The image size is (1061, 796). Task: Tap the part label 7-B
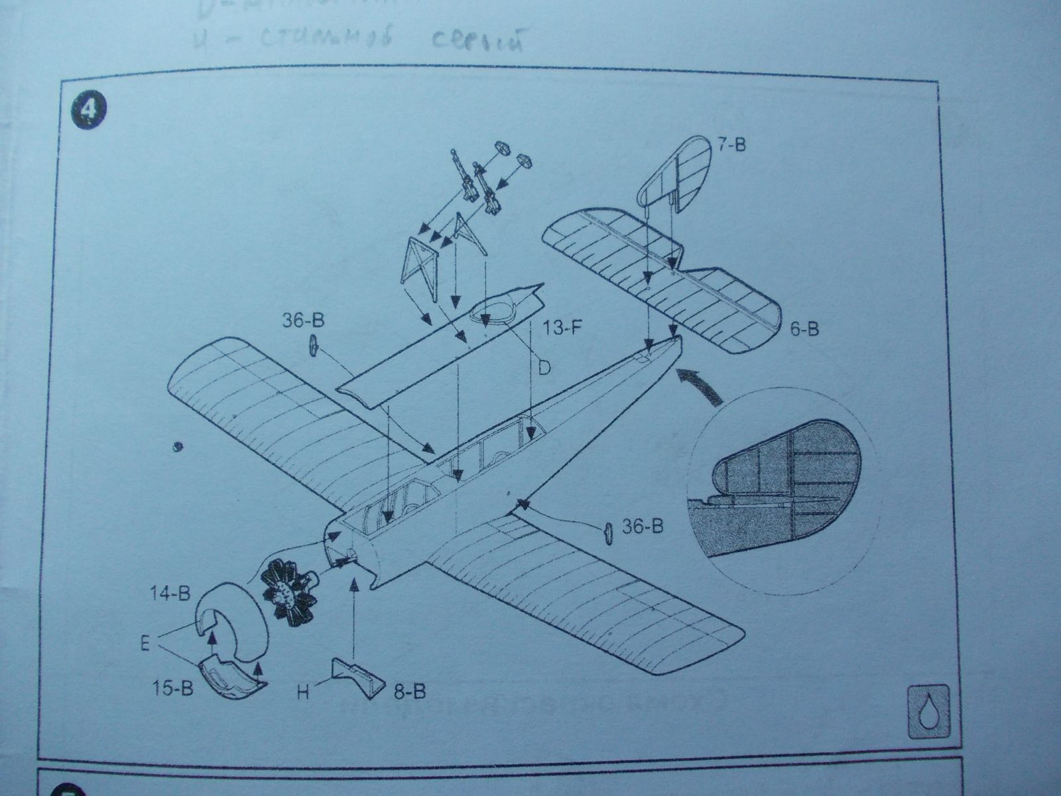click(730, 144)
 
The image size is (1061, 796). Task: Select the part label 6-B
click(804, 328)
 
